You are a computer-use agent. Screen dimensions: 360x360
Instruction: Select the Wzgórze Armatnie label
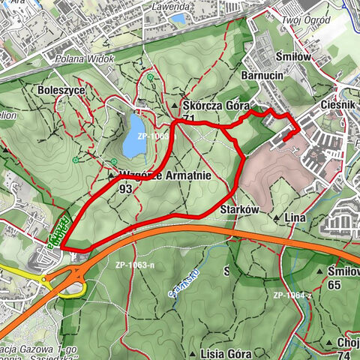click(163, 176)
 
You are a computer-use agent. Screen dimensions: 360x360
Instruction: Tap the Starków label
click(239, 211)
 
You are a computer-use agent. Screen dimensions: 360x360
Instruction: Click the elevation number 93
click(126, 189)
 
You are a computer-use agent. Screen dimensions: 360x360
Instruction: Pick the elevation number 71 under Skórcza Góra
click(189, 119)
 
